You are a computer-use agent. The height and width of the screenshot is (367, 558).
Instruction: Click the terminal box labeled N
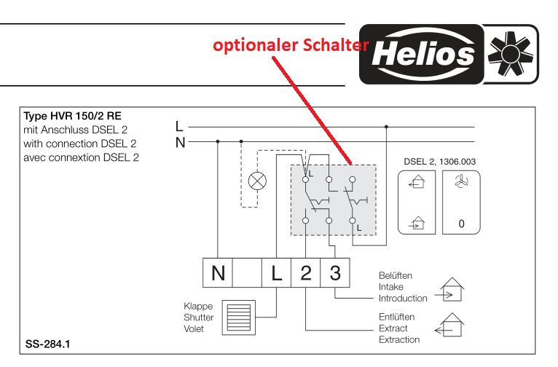pos(217,273)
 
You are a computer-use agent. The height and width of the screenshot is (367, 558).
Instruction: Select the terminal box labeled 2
pos(306,273)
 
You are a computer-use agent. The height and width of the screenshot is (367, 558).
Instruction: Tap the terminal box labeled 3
pos(335,273)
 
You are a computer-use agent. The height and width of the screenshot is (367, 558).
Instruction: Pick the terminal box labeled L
pos(277,273)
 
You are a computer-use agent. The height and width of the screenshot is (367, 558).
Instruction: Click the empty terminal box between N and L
pos(247,273)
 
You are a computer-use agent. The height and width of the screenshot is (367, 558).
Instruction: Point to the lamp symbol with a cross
pos(257,181)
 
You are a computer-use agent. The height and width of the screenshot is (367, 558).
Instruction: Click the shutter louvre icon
pos(239,317)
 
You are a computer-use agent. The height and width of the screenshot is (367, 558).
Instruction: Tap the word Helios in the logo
pos(423,55)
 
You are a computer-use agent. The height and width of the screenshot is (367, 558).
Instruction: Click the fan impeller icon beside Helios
pos(511,54)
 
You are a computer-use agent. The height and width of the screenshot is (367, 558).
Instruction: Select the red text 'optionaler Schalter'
pos(291,45)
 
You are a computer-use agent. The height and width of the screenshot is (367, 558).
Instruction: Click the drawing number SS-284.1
pos(47,344)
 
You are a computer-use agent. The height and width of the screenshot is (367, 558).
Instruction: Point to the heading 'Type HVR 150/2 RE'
pos(72,116)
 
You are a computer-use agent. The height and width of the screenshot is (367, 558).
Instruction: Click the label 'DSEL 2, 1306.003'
pos(439,162)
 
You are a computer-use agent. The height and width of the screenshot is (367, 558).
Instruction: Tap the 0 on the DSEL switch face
pos(461,224)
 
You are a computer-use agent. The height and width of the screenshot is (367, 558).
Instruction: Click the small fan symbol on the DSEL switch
pos(461,181)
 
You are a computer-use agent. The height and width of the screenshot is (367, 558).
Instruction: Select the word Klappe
pos(198,306)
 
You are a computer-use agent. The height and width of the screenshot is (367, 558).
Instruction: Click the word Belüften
pos(396,275)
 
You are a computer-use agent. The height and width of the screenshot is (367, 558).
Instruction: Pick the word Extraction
pos(399,339)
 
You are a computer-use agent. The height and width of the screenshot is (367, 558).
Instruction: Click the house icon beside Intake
pos(449,290)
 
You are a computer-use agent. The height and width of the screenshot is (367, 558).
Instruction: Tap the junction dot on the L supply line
pos(386,127)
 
